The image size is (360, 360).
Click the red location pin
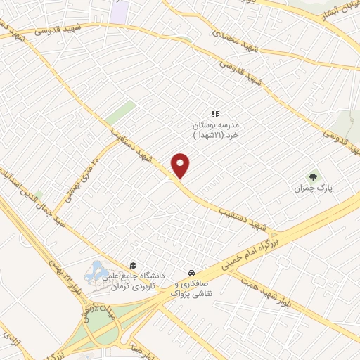pyautogui.click(x=181, y=165)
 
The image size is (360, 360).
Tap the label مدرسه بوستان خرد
pyautogui.click(x=217, y=129)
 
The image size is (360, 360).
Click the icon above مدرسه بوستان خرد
pyautogui.click(x=217, y=113)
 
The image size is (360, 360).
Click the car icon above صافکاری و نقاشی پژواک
pyautogui.click(x=191, y=273)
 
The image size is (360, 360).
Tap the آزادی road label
pyautogui.click(x=11, y=340)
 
